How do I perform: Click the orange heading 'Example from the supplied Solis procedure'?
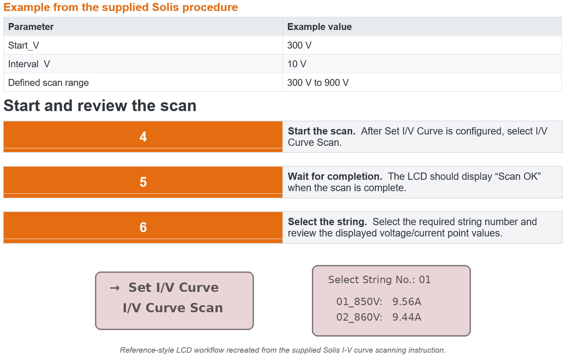[121, 7]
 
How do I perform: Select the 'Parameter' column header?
[31, 27]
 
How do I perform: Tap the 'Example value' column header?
[319, 27]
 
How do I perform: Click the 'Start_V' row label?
[23, 46]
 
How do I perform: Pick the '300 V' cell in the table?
[299, 45]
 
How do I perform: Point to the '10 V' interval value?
[297, 64]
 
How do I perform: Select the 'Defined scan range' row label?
[48, 83]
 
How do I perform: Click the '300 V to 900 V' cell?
[318, 83]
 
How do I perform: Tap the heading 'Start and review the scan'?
[100, 106]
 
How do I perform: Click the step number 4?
[143, 137]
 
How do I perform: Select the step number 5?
[143, 182]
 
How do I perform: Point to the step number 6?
[143, 227]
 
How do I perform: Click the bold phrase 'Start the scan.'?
[322, 131]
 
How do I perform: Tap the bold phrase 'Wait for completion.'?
[335, 177]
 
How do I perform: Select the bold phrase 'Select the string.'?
[328, 222]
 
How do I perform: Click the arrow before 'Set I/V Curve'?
[115, 288]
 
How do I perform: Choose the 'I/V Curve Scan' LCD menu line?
[173, 308]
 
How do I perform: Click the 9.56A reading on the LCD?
[407, 302]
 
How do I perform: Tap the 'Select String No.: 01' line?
[380, 280]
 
